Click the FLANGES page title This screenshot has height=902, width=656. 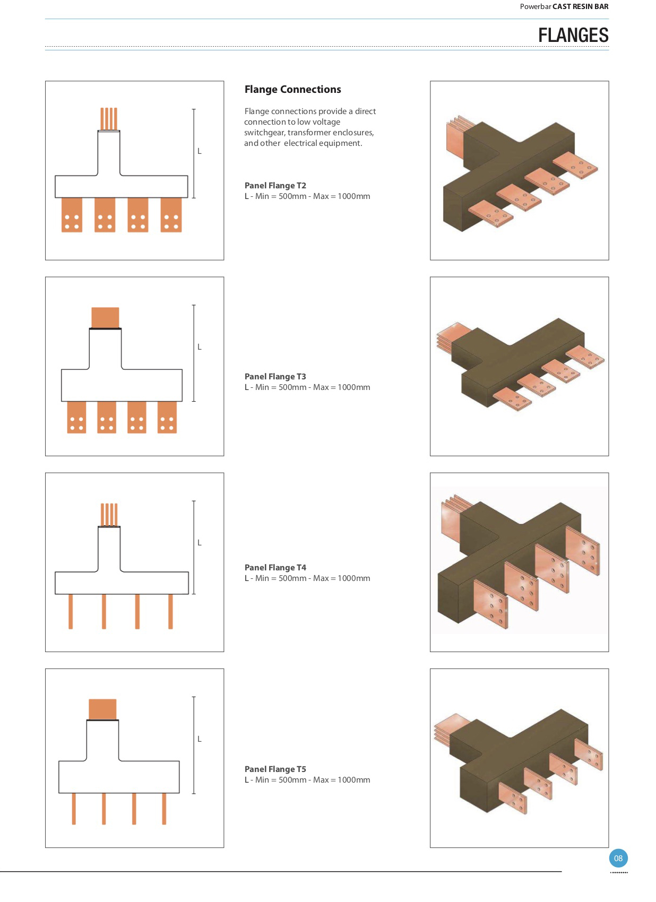(x=573, y=35)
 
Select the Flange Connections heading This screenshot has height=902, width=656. (x=292, y=89)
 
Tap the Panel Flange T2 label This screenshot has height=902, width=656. (x=275, y=185)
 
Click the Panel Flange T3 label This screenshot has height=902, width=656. (x=275, y=376)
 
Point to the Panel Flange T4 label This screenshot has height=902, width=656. (x=275, y=567)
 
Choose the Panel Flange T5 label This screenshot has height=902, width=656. (x=275, y=769)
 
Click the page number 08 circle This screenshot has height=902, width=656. (x=618, y=858)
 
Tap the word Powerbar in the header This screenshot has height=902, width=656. (x=535, y=6)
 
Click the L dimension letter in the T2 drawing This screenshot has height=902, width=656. (x=199, y=151)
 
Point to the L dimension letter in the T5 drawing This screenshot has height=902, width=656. (x=199, y=739)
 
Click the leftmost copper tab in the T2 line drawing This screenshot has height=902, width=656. (x=72, y=215)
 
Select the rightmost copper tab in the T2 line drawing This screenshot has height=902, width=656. (x=171, y=215)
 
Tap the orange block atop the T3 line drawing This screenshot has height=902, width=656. (x=105, y=318)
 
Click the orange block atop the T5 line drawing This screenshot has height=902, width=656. (x=102, y=709)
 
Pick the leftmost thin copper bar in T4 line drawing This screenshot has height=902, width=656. (x=71, y=611)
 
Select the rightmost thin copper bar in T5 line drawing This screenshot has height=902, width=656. (x=164, y=809)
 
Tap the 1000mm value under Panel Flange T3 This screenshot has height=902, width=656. (x=353, y=387)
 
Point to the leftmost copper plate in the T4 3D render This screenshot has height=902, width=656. (x=491, y=603)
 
